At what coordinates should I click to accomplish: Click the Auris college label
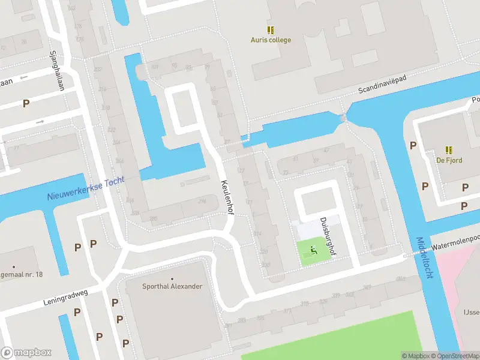click(271, 40)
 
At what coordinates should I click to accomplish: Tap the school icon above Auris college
click(271, 29)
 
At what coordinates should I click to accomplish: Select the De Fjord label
click(448, 160)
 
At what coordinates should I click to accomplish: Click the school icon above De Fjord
click(448, 149)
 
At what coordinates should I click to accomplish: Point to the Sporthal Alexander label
click(172, 286)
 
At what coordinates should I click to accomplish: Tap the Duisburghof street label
click(329, 236)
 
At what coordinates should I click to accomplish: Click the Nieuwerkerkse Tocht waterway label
click(86, 189)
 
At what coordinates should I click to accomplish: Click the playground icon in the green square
click(312, 250)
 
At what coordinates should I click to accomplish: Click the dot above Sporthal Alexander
click(172, 278)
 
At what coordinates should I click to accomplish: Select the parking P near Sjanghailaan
click(26, 103)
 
